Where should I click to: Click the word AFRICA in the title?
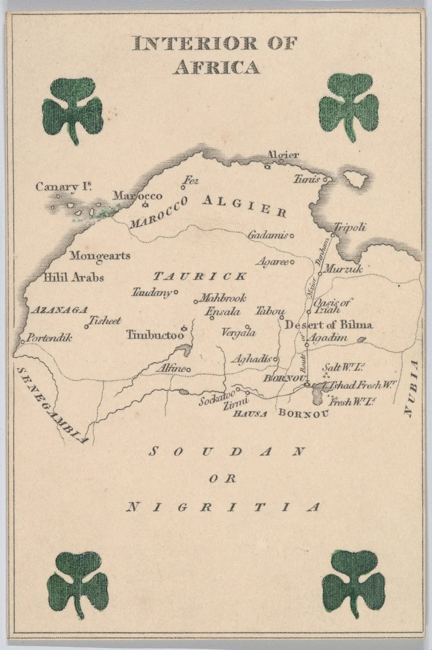(x=216, y=67)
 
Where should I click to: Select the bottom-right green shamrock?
(x=354, y=581)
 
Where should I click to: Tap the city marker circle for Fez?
(x=184, y=188)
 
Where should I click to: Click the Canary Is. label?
(x=63, y=187)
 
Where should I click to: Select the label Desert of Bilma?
(x=329, y=324)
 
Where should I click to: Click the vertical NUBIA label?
(x=414, y=388)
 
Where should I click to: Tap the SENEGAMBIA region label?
(x=51, y=405)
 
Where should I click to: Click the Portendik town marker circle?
(x=22, y=341)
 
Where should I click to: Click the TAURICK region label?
(x=200, y=276)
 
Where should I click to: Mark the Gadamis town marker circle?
(x=292, y=236)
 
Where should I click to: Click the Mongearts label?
(x=100, y=255)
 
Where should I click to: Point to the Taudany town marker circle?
(x=176, y=292)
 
